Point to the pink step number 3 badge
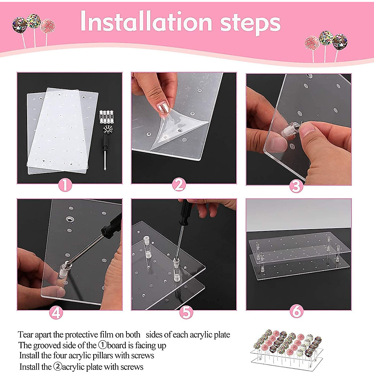(x=296, y=186)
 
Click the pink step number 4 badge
(x=56, y=313)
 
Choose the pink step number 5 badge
(x=186, y=313)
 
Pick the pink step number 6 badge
(x=296, y=311)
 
